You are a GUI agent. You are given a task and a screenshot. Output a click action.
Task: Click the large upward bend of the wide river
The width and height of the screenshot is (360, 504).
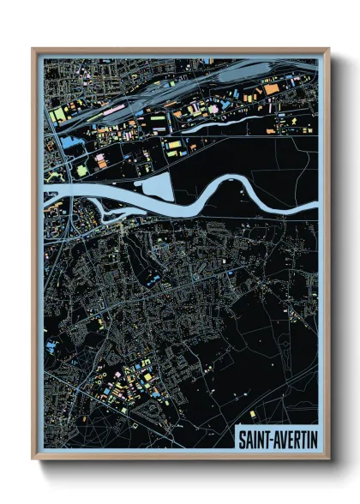(237, 182)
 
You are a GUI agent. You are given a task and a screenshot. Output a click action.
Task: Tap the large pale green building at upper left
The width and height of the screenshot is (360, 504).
(58, 113)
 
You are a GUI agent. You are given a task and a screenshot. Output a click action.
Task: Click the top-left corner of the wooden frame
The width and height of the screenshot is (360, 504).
(33, 50)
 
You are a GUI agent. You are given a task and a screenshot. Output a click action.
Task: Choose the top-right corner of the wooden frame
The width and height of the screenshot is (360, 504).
(327, 50)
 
